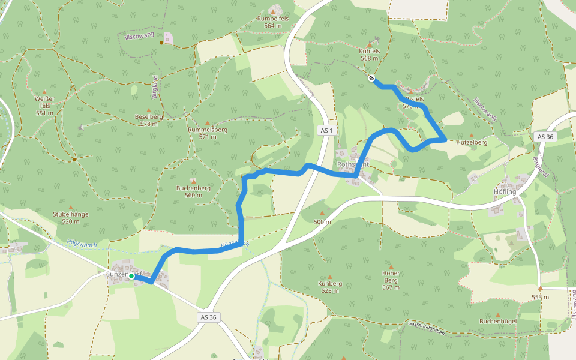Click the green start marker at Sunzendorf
coord(131,275)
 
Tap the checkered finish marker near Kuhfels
coord(371,78)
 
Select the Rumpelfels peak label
coord(273,22)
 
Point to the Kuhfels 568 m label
coord(369,55)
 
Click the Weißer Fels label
coord(44,105)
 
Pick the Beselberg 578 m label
coord(149,120)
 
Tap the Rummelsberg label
coord(208,133)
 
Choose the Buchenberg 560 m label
coord(193,191)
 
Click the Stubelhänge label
coord(71,217)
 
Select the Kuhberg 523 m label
coord(329,286)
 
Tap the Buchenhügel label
coord(497,321)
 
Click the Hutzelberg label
coord(472,142)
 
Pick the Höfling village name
coord(505,191)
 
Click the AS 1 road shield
coord(326,130)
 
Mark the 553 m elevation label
coord(540,297)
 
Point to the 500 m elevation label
coord(322,221)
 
